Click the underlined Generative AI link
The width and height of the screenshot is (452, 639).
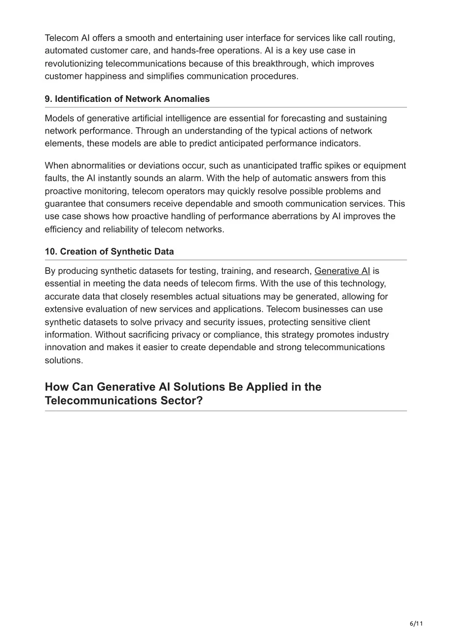[342, 271]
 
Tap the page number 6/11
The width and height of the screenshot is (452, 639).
[416, 624]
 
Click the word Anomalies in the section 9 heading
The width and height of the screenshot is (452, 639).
[187, 99]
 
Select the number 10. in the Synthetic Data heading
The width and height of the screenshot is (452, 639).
[51, 251]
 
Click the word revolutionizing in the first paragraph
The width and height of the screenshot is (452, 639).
[74, 64]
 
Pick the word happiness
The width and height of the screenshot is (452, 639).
[103, 76]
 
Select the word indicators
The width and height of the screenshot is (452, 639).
[339, 143]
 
